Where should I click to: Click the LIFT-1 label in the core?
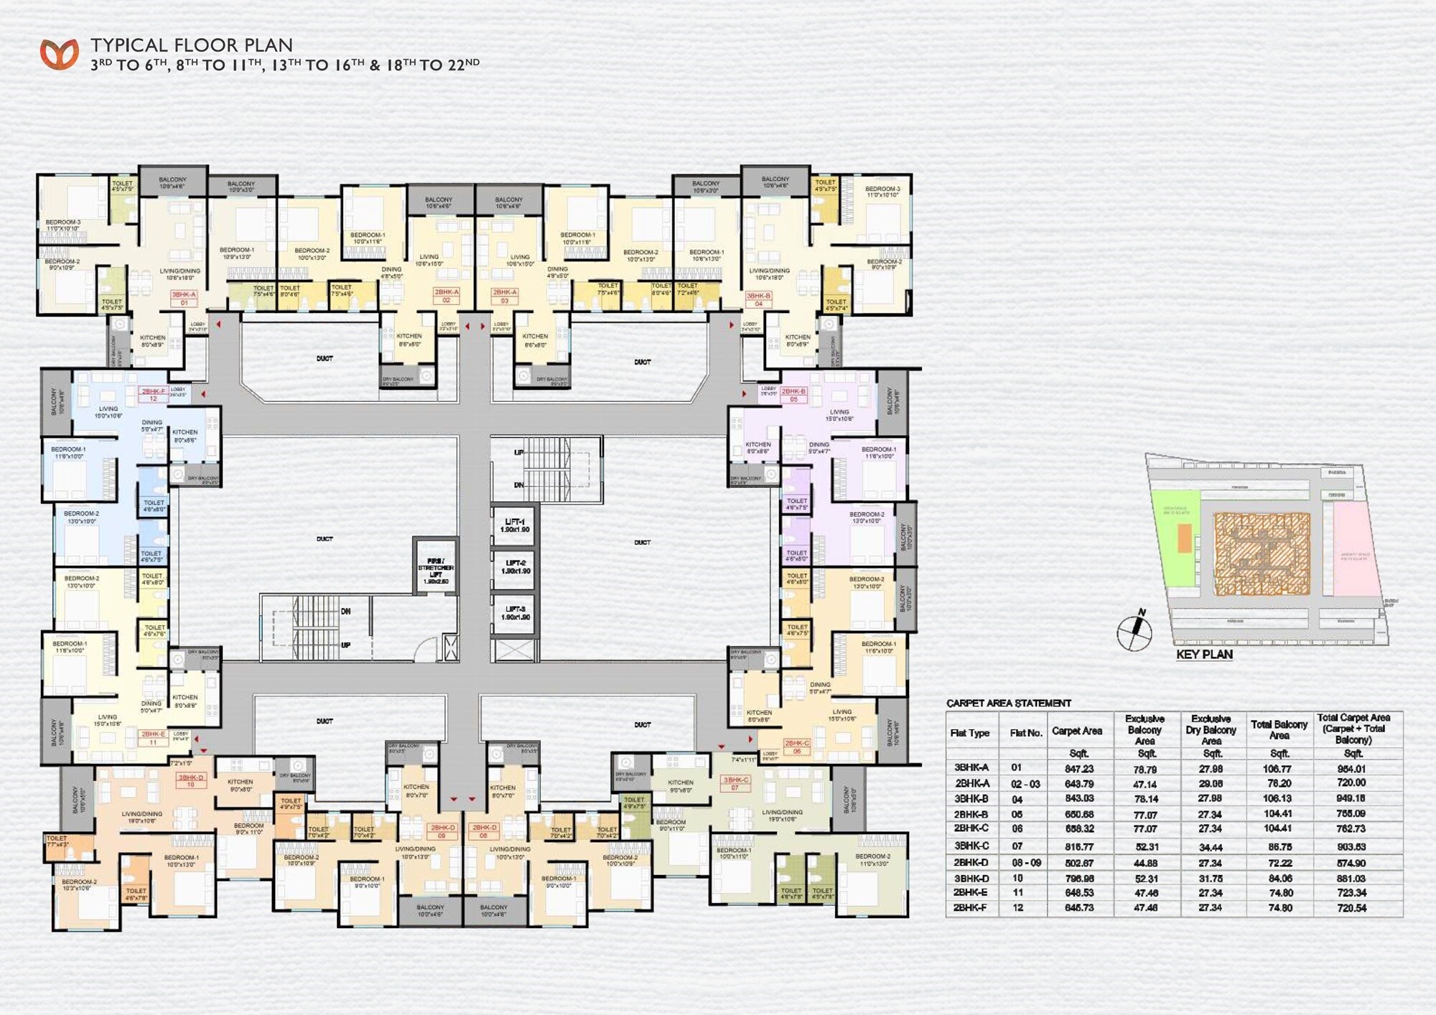tap(515, 525)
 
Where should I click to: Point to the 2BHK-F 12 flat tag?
tap(153, 394)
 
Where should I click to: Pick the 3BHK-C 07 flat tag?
tap(735, 783)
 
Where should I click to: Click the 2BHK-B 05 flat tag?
tap(793, 395)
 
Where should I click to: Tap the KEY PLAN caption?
tap(1204, 655)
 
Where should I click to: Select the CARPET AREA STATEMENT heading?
tap(1008, 703)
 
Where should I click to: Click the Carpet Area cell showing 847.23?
tap(1078, 769)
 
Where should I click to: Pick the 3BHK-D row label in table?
tap(971, 878)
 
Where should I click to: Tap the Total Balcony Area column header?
tap(1279, 729)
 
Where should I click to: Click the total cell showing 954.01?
tap(1351, 769)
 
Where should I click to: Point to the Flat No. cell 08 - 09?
tap(1026, 863)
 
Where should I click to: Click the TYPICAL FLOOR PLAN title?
tap(191, 45)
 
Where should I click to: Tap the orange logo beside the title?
tap(59, 55)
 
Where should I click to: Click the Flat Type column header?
tap(969, 733)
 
